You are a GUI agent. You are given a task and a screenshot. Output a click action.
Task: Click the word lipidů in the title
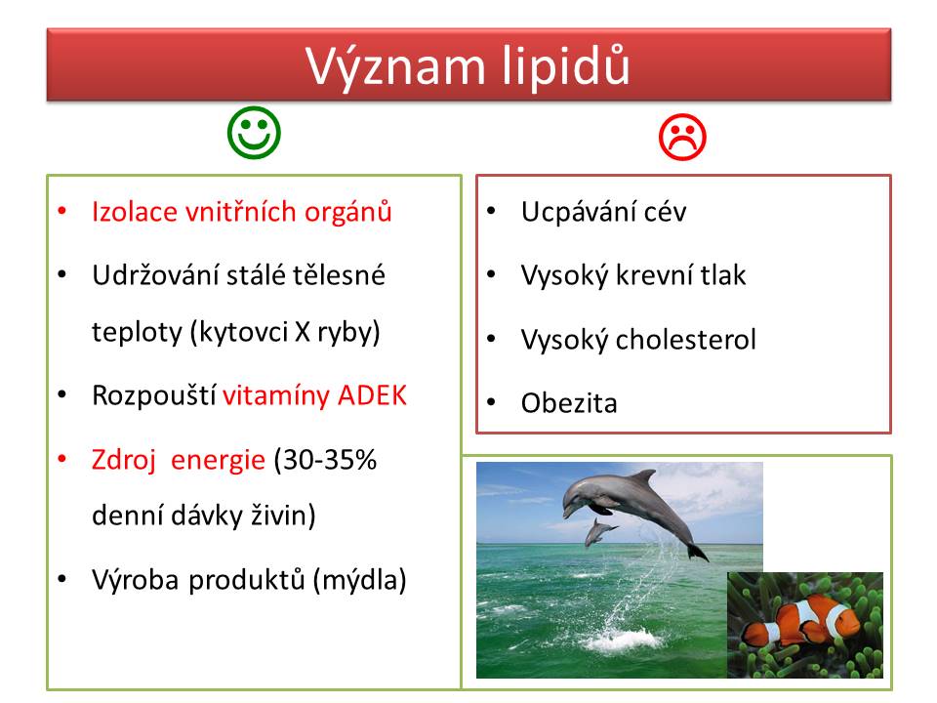565,66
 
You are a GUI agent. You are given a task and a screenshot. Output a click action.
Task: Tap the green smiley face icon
254,133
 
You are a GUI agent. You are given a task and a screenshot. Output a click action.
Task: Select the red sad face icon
682,138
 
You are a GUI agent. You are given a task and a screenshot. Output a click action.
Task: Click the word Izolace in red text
135,212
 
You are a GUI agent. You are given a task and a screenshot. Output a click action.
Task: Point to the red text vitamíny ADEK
314,395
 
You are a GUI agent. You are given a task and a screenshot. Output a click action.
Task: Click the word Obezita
569,403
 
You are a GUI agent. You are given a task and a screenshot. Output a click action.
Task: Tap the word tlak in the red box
723,275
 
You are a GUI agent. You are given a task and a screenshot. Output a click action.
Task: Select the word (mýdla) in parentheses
360,580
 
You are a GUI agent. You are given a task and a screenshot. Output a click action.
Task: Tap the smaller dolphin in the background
599,532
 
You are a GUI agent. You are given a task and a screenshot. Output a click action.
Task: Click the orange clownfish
800,622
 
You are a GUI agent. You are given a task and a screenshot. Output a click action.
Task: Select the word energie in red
218,461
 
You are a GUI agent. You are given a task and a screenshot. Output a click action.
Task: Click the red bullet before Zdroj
62,459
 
